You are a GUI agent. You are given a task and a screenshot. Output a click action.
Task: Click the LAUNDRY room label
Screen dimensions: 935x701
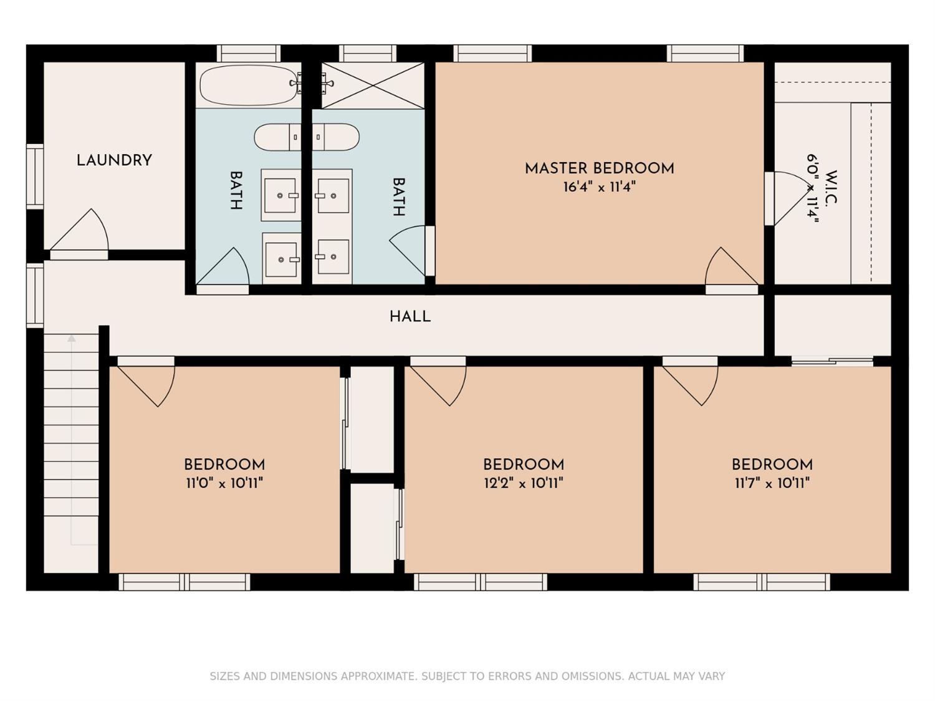click(114, 161)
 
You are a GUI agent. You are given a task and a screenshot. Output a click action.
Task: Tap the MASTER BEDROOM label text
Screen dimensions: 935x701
click(600, 169)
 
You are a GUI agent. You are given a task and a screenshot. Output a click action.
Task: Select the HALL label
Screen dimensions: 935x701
click(410, 317)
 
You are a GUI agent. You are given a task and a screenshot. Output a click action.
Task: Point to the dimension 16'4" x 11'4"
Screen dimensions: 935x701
click(600, 187)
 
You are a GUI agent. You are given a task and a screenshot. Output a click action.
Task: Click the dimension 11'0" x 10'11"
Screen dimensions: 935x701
click(224, 483)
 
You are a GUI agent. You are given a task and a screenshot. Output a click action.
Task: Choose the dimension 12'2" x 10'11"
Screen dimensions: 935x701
click(524, 483)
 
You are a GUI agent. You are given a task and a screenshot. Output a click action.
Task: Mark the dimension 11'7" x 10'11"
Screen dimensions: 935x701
click(772, 483)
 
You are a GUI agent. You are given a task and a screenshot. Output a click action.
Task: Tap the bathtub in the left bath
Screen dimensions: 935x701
click(249, 85)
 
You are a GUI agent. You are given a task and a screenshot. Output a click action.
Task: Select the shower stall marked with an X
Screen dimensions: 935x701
click(372, 85)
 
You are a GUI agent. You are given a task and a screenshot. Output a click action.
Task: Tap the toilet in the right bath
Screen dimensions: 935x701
click(335, 137)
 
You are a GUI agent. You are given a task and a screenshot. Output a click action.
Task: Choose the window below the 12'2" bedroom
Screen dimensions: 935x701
click(481, 582)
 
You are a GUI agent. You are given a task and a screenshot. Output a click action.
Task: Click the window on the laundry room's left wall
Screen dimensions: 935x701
click(36, 176)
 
